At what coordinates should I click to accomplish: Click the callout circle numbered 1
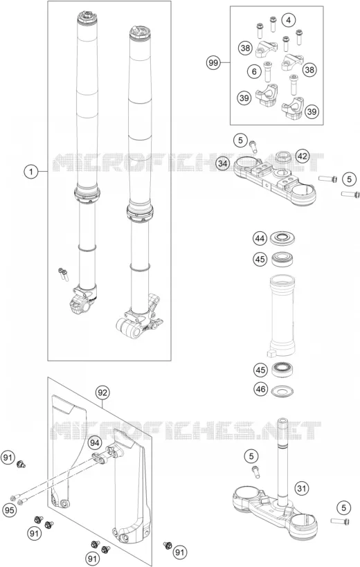pos(31,171)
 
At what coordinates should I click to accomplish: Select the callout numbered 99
pos(214,63)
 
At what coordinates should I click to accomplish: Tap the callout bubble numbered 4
pos(288,20)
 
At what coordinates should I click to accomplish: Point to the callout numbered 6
pos(254,71)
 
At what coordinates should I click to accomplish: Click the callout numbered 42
pos(303,156)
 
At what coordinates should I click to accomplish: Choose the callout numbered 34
pos(224,163)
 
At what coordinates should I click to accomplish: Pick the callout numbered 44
pos(260,238)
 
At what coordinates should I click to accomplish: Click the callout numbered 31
pos(301,489)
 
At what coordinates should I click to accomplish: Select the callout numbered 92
pos(102,393)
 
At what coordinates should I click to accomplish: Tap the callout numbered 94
pos(94,442)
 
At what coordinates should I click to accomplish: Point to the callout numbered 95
pos(9,511)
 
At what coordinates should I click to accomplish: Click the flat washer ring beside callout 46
pos(282,390)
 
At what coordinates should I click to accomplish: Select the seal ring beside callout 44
pos(282,237)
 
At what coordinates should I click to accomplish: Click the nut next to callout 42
pos(285,158)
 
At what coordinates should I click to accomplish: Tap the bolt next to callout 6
pos(267,71)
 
